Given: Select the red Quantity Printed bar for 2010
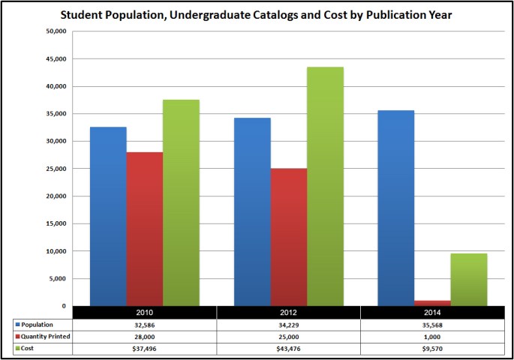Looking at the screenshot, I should point(144,229).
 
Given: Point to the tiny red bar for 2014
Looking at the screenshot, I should point(433,303).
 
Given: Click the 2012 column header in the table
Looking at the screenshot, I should point(288,312).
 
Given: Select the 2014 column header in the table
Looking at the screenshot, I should point(432,312).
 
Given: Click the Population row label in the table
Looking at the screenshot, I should point(38,325).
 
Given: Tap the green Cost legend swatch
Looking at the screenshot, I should point(18,349).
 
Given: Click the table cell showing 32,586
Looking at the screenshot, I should point(144,325).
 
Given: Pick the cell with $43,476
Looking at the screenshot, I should point(288,349).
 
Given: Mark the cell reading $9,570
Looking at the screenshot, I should point(432,349).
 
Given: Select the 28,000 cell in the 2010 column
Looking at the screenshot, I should point(144,337).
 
